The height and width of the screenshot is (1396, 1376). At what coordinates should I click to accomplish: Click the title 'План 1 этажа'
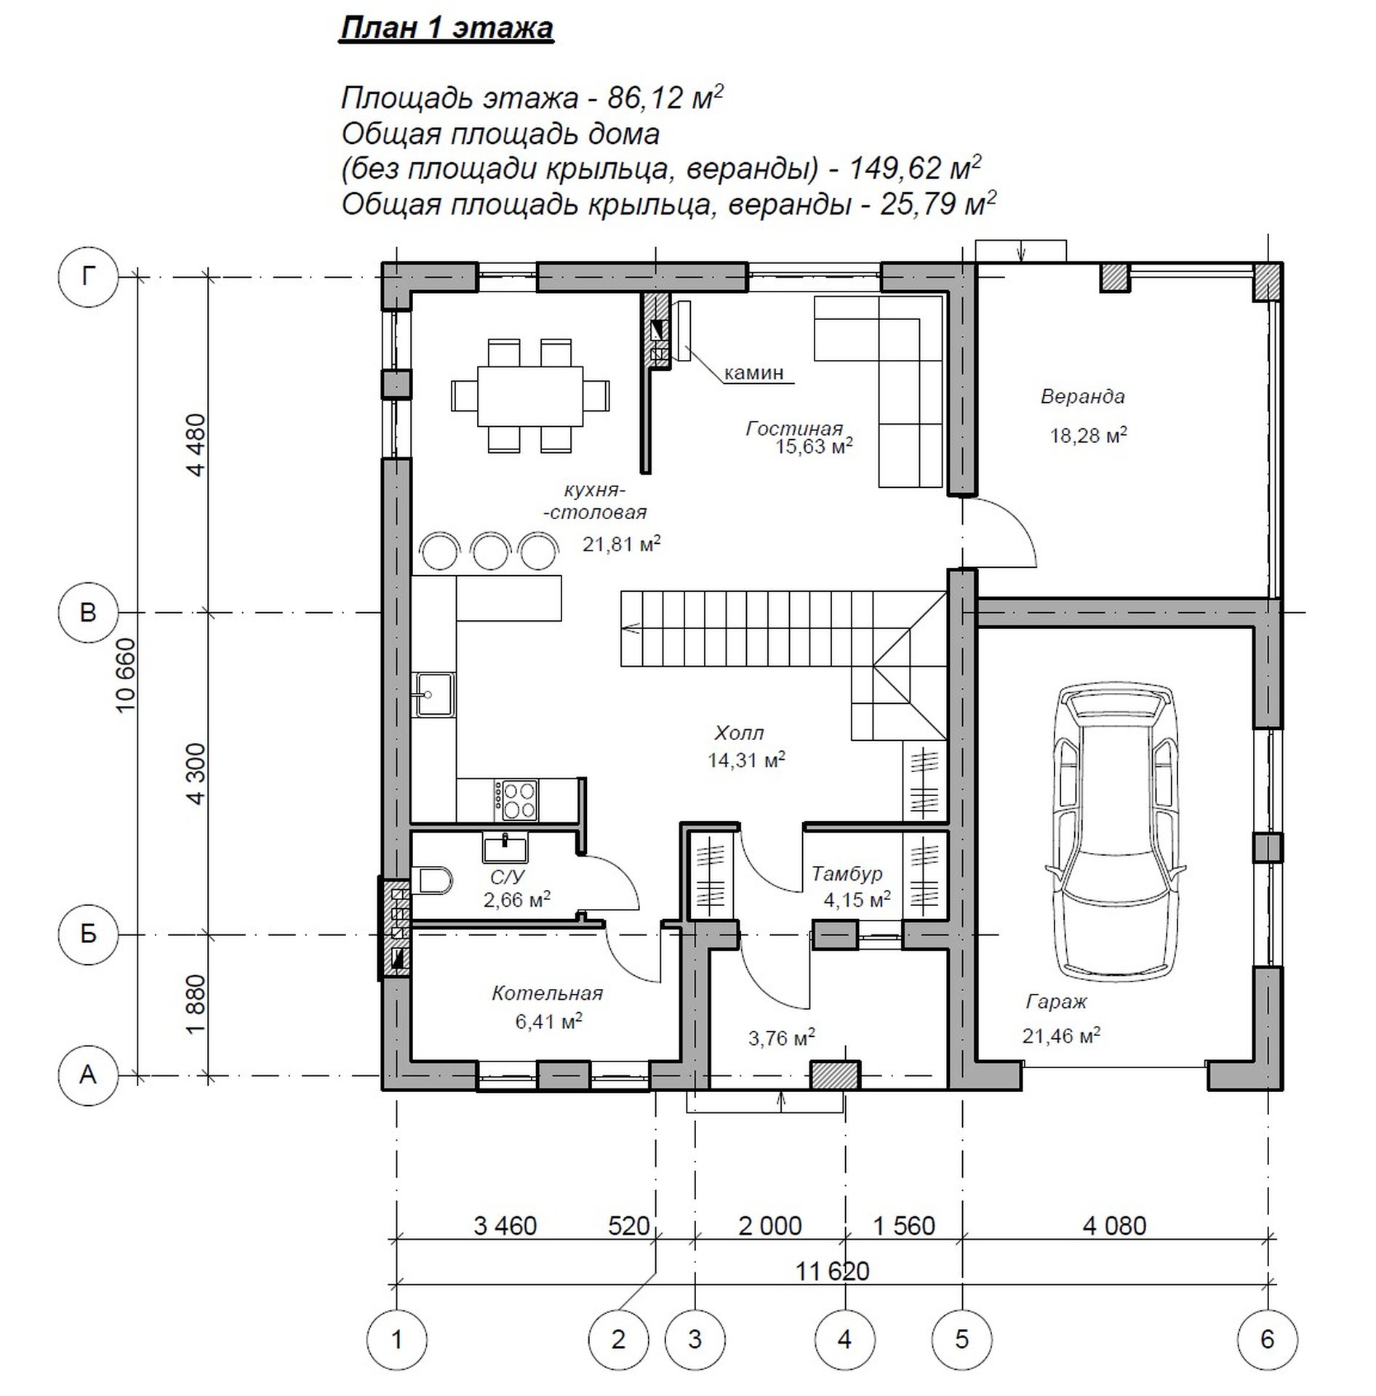(447, 28)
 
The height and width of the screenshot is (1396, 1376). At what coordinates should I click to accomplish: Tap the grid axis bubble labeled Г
(88, 277)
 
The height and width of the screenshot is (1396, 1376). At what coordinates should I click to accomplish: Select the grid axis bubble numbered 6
(1268, 1339)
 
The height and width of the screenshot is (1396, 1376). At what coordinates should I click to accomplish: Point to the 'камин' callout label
(754, 373)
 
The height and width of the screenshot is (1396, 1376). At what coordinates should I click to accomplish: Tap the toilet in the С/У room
(432, 882)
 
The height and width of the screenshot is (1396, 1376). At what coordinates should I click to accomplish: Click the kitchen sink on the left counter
(433, 694)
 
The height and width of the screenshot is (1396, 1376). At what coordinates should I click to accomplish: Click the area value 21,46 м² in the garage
(1061, 1035)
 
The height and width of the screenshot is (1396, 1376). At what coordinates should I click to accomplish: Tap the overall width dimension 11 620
(833, 1272)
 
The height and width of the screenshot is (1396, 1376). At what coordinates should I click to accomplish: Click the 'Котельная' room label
(548, 993)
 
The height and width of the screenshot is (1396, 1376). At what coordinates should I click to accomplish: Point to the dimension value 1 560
(904, 1227)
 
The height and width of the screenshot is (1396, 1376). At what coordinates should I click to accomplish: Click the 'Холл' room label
(740, 732)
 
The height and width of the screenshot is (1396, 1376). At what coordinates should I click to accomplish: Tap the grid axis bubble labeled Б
(88, 934)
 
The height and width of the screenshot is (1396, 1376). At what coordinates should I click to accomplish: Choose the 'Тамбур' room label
(847, 873)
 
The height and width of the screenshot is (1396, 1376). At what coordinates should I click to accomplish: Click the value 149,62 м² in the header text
(915, 168)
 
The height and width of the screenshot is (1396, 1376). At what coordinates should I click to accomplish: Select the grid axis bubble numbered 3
(695, 1339)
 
